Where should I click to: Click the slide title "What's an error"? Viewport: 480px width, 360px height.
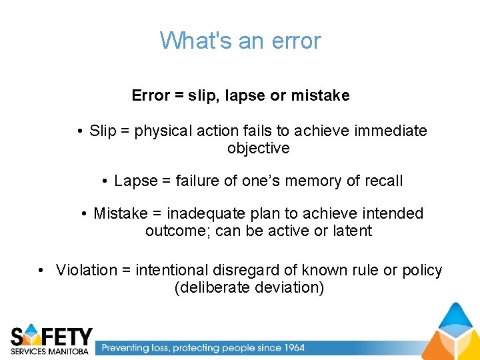pos(240,41)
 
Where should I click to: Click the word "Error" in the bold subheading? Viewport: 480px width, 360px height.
pos(151,95)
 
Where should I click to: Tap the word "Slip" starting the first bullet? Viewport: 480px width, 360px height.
pos(103,131)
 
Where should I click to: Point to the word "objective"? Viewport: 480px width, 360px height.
pos(259,148)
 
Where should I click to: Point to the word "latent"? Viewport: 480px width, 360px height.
pos(352,231)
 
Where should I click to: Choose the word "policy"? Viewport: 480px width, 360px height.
pos(422,270)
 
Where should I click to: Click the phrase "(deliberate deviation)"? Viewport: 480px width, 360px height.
pos(249,287)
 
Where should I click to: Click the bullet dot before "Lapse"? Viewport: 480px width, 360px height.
pos(106,181)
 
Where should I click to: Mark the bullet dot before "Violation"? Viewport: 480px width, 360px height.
pos(41,271)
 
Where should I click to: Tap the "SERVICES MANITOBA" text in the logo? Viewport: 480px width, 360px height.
pos(49,351)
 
